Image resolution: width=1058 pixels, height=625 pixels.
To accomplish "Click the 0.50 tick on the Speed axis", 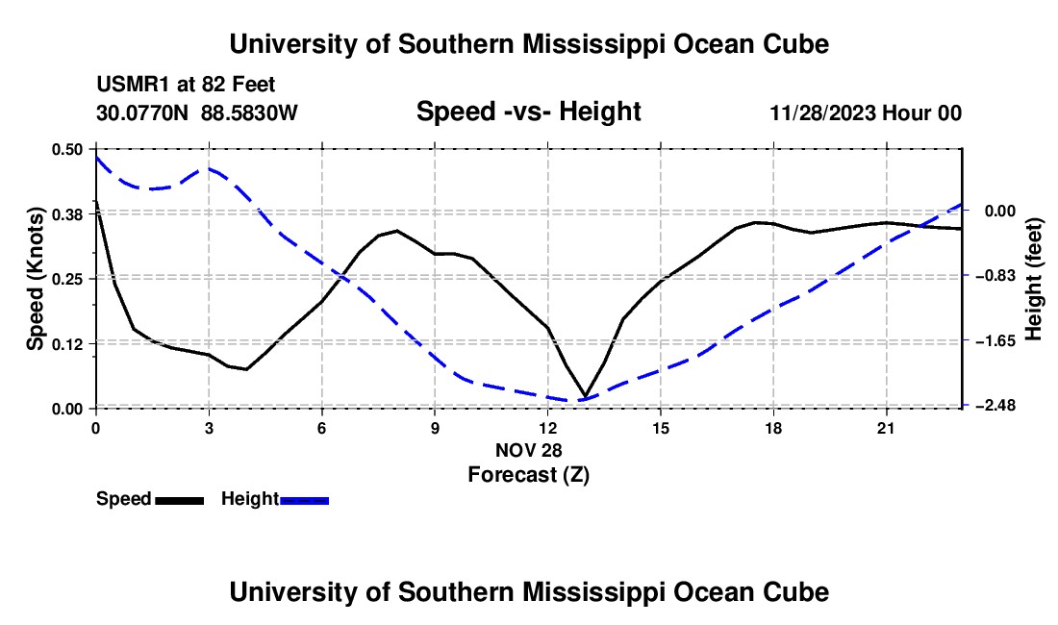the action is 66,149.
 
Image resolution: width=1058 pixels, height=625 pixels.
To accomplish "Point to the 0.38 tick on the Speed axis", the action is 66,214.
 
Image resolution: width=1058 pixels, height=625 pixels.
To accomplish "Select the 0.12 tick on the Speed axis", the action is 66,344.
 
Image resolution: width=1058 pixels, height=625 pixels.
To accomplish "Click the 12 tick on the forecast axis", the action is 548,428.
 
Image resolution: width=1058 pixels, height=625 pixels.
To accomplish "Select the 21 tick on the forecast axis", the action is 886,428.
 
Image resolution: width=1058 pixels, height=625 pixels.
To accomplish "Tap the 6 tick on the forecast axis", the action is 322,428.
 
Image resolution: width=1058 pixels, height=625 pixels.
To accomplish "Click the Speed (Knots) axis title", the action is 35,279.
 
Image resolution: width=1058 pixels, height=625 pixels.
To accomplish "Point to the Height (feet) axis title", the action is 1034,279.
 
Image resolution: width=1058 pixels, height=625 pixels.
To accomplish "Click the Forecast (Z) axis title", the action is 529,475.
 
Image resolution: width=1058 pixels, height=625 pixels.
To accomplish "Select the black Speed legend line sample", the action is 180,500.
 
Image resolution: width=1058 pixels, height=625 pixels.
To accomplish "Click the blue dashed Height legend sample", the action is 304,500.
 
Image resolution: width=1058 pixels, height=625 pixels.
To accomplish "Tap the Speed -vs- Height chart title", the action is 529,112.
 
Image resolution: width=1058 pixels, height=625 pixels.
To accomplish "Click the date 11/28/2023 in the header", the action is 823,112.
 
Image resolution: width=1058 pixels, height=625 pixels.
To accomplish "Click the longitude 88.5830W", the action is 249,112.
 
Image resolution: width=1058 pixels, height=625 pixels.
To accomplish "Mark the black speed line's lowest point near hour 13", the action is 585,396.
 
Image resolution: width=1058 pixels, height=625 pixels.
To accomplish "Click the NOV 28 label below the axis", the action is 529,450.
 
